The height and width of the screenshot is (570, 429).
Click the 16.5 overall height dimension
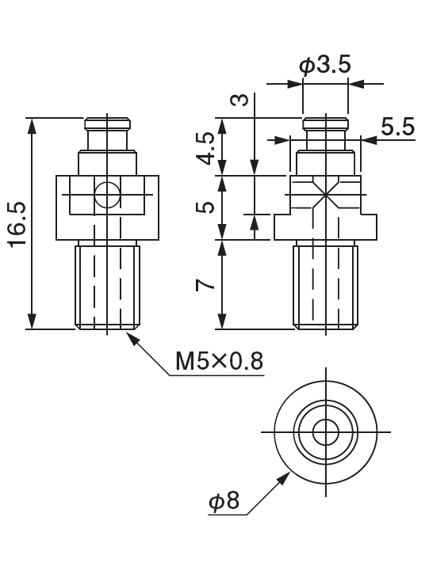click(x=17, y=224)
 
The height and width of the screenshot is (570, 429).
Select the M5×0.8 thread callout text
click(x=219, y=362)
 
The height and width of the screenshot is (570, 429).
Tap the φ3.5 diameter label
click(x=324, y=65)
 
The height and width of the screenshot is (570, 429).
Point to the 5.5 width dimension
click(x=396, y=127)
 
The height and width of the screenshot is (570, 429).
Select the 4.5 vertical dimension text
click(x=206, y=147)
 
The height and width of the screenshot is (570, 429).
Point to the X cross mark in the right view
click(x=325, y=196)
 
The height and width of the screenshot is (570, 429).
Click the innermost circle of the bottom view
click(x=325, y=432)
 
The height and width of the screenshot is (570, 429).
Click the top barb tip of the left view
click(x=107, y=123)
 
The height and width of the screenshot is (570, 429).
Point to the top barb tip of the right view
click(x=325, y=123)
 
